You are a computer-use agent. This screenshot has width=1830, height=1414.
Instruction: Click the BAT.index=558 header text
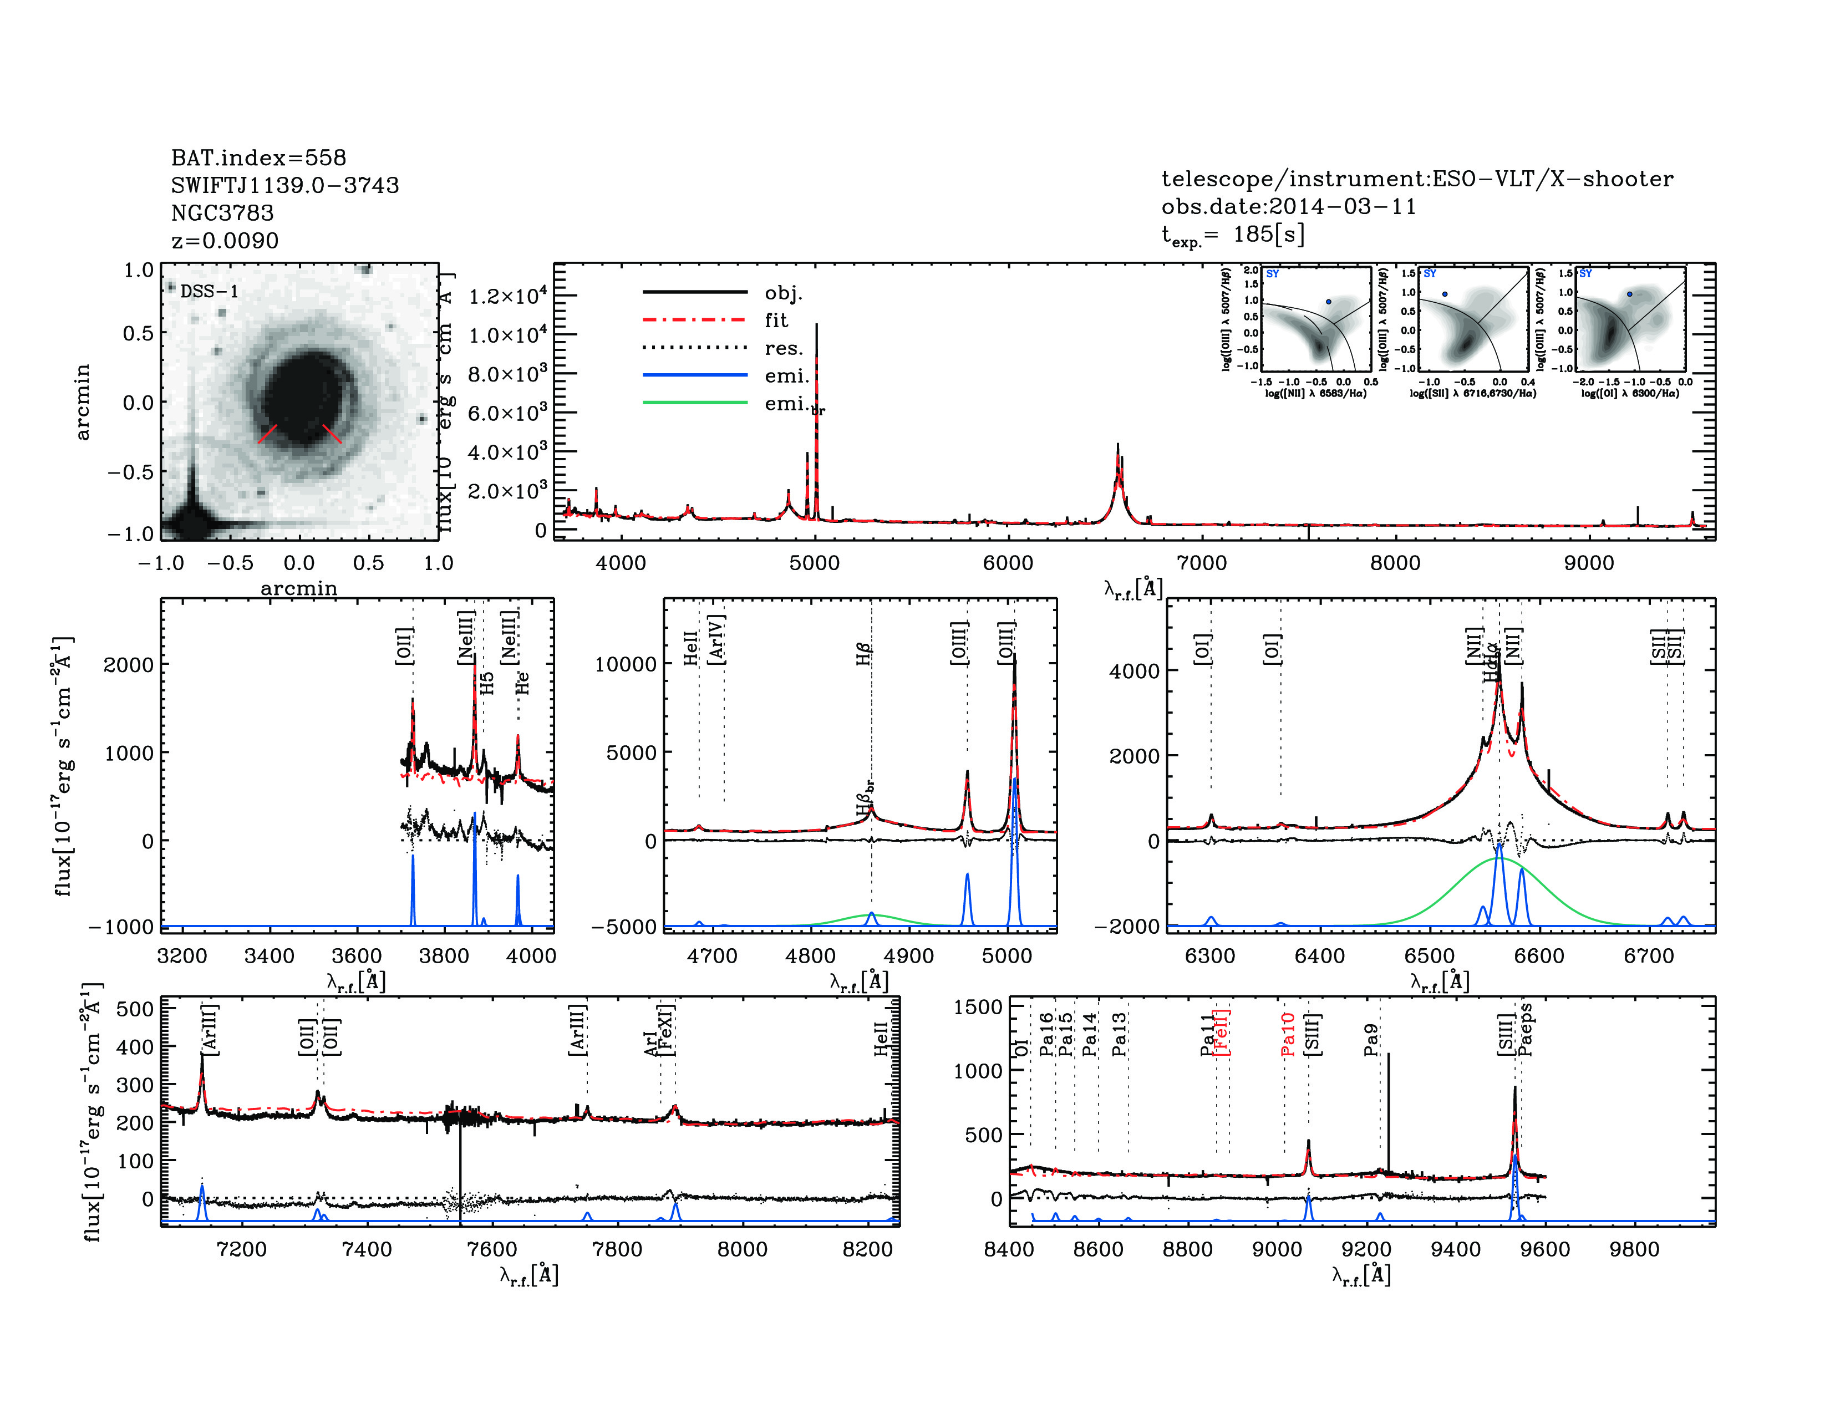tap(258, 157)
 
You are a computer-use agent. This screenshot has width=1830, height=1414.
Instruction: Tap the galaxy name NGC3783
tap(222, 213)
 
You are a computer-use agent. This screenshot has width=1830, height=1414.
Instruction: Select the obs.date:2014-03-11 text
tap(1288, 206)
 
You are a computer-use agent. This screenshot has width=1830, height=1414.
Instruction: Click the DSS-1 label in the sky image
tap(210, 292)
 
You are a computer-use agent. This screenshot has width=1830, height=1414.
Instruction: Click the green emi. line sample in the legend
tap(695, 403)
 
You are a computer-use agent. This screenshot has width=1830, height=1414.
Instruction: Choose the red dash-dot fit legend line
tap(695, 320)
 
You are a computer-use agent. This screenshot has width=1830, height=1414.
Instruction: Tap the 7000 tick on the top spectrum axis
tap(1202, 563)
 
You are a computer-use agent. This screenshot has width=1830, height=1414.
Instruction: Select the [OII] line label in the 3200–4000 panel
tap(404, 646)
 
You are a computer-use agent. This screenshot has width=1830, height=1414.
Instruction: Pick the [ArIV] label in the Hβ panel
tap(716, 639)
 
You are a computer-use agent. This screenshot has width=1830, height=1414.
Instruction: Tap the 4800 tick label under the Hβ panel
tap(810, 956)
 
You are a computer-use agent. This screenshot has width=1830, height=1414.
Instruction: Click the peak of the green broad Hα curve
tap(1498, 858)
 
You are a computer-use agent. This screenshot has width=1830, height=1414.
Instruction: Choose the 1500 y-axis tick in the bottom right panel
tap(978, 1007)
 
